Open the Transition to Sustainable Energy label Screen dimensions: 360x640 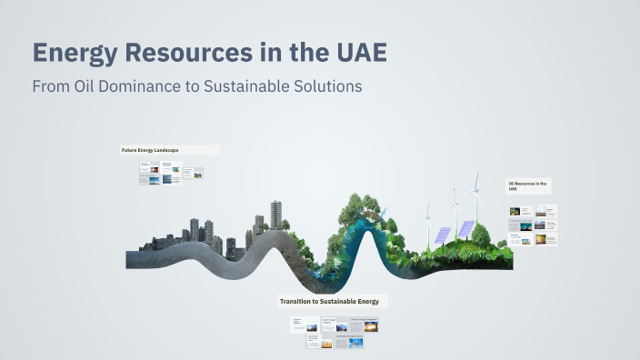pos(333,301)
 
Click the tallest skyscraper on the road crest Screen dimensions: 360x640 pos(275,215)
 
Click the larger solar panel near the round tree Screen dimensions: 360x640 pos(465,228)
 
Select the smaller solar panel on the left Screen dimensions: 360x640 pos(443,234)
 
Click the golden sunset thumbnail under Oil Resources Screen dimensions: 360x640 pos(542,240)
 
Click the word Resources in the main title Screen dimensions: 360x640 pos(197,53)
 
